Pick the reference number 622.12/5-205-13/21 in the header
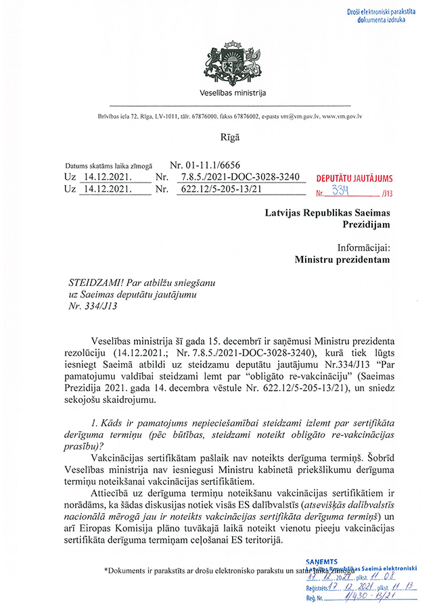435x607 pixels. [219, 189]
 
